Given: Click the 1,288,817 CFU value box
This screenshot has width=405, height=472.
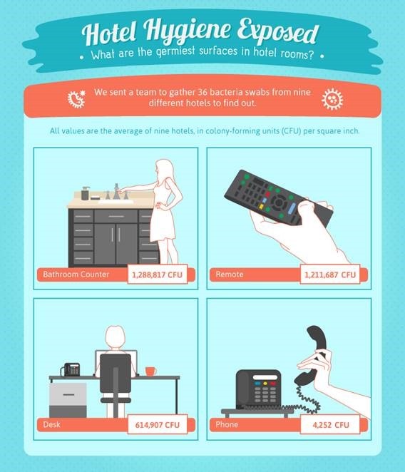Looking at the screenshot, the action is pyautogui.click(x=158, y=274).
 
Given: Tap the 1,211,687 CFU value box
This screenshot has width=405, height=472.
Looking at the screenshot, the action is pyautogui.click(x=330, y=274).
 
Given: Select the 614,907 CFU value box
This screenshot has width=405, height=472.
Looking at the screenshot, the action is pyautogui.click(x=158, y=424).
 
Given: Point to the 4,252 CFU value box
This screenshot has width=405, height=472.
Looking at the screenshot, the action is pyautogui.click(x=330, y=424).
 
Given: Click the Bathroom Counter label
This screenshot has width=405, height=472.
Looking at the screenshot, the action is pyautogui.click(x=76, y=275).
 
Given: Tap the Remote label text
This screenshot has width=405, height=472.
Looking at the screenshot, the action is pyautogui.click(x=230, y=275).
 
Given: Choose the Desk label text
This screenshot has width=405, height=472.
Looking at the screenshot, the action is pyautogui.click(x=51, y=424).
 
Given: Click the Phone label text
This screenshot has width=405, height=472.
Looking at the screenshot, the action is pyautogui.click(x=227, y=424).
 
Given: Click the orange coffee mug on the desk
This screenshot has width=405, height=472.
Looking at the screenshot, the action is pyautogui.click(x=150, y=371).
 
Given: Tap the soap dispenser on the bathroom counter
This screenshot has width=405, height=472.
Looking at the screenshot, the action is pyautogui.click(x=86, y=193).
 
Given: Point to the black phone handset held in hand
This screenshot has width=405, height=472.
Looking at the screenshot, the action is pyautogui.click(x=313, y=355).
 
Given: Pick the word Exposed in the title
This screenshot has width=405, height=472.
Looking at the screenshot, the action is pyautogui.click(x=277, y=32).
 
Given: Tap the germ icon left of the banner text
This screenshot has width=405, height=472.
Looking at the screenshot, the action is pyautogui.click(x=76, y=99).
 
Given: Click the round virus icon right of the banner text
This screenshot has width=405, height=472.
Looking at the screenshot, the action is pyautogui.click(x=332, y=99).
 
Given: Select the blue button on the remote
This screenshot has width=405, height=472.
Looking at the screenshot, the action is pyautogui.click(x=292, y=208).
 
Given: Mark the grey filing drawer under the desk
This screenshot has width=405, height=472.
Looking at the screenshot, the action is pyautogui.click(x=68, y=400).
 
